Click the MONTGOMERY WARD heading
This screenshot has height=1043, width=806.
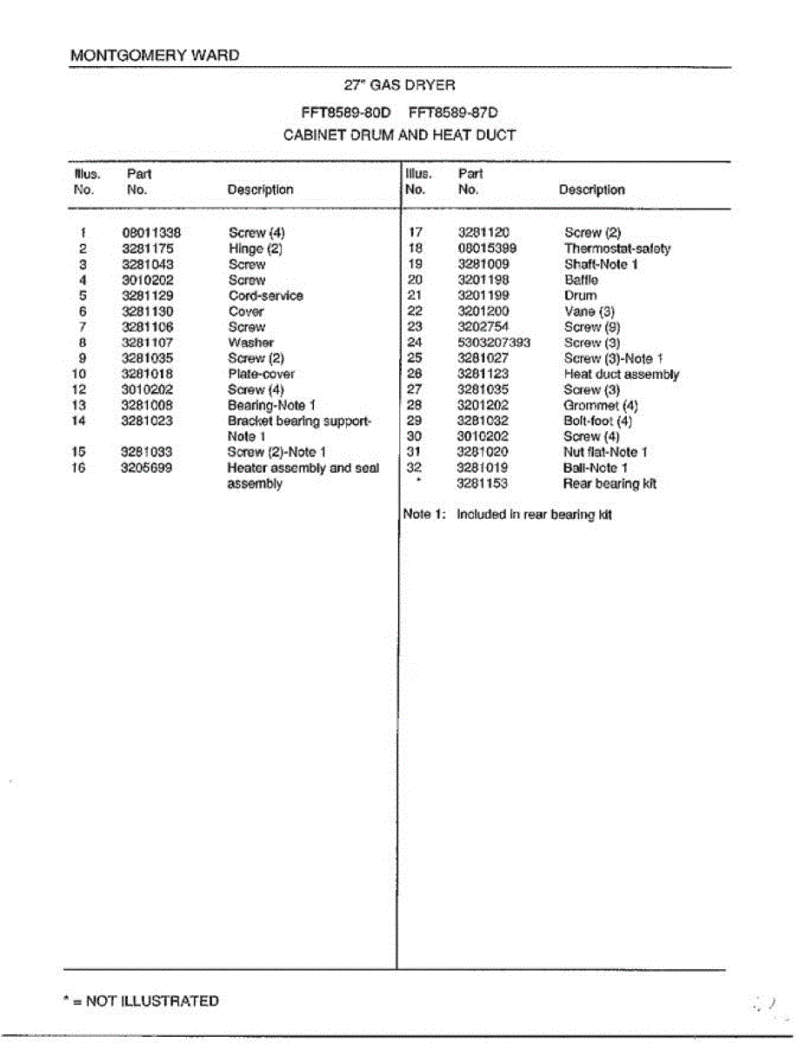[154, 56]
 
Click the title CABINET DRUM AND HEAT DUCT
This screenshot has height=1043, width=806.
[399, 136]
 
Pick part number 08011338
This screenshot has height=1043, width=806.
[150, 233]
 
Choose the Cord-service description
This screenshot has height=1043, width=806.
[265, 296]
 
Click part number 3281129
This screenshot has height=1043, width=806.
[147, 296]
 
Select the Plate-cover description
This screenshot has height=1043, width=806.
[261, 374]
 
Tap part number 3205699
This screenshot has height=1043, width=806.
[147, 468]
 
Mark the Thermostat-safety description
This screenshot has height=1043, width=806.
[617, 249]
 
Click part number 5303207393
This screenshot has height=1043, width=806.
[493, 342]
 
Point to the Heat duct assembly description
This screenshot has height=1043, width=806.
[621, 374]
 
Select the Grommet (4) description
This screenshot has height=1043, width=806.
[600, 405]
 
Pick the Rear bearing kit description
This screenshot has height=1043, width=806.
[609, 483]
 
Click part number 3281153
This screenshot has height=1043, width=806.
[483, 483]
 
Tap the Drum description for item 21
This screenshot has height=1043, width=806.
[580, 296]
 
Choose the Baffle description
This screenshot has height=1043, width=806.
[581, 280]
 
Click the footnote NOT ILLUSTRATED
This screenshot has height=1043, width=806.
[141, 1001]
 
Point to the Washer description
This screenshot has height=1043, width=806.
[250, 342]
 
